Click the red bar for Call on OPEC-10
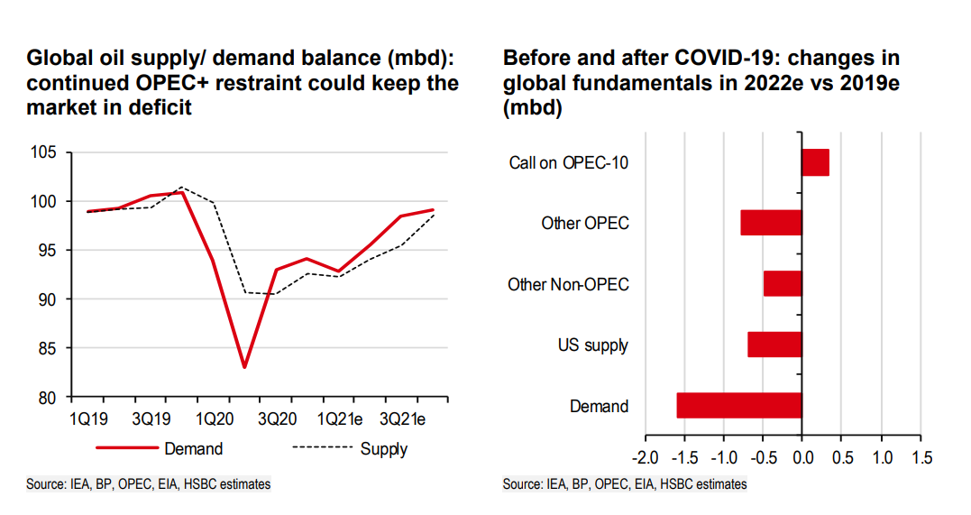click(816, 162)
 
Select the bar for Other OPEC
click(771, 223)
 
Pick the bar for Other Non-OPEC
click(783, 283)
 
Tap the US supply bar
click(774, 345)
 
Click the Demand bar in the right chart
click(739, 405)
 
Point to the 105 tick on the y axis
click(43, 152)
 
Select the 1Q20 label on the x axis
click(215, 419)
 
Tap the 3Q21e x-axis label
click(402, 419)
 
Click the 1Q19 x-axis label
click(88, 419)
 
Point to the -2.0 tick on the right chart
click(646, 458)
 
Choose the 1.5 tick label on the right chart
click(921, 458)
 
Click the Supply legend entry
click(350, 448)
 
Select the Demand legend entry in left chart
click(160, 448)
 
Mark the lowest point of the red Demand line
click(244, 367)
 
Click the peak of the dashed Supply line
click(182, 187)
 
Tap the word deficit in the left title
click(160, 107)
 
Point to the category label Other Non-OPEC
click(569, 284)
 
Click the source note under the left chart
click(149, 484)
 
